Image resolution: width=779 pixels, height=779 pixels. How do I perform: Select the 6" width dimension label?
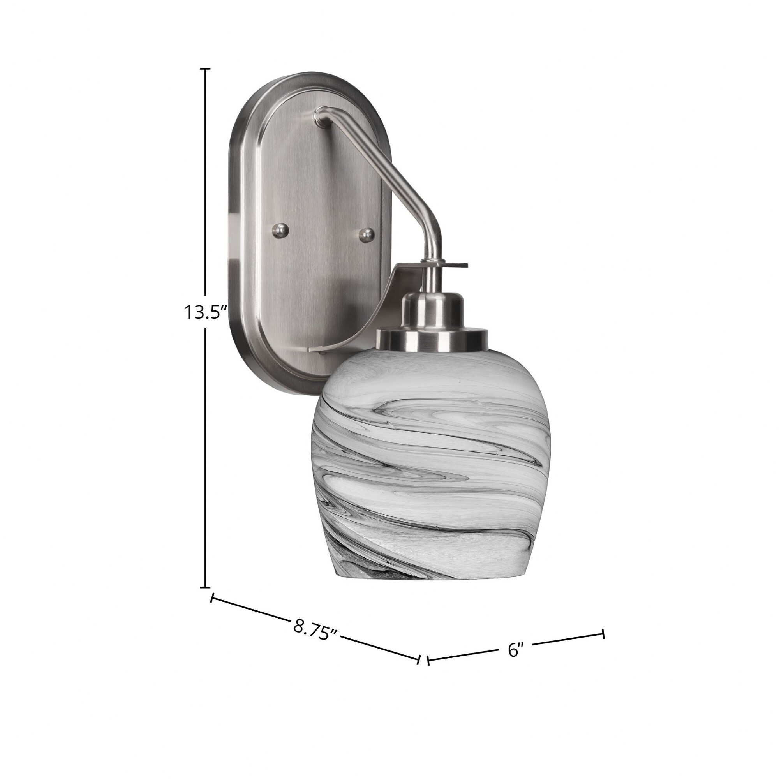coord(515,662)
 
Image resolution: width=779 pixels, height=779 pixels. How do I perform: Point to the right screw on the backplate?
coord(367,234)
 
